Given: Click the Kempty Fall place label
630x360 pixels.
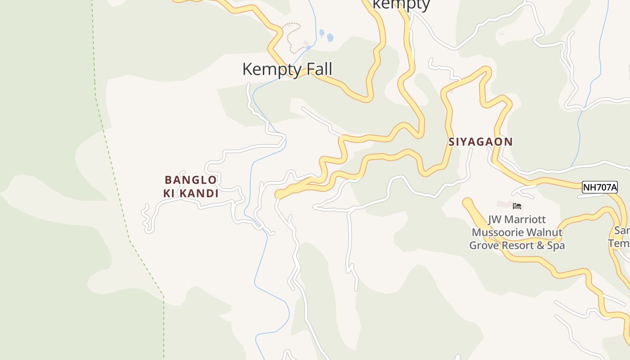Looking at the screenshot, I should coord(287,69).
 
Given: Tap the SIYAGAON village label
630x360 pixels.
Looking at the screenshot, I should coord(481,142).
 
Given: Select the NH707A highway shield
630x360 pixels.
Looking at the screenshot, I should coord(599,187).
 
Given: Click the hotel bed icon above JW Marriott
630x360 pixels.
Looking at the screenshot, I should coord(517,206).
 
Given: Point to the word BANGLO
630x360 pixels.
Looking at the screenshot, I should coord(191,180).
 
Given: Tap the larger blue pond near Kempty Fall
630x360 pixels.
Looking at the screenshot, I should coord(330,38).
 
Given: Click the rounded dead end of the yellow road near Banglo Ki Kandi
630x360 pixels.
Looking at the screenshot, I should coord(279,194).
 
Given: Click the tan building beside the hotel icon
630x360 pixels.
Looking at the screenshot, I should coord(504,205).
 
